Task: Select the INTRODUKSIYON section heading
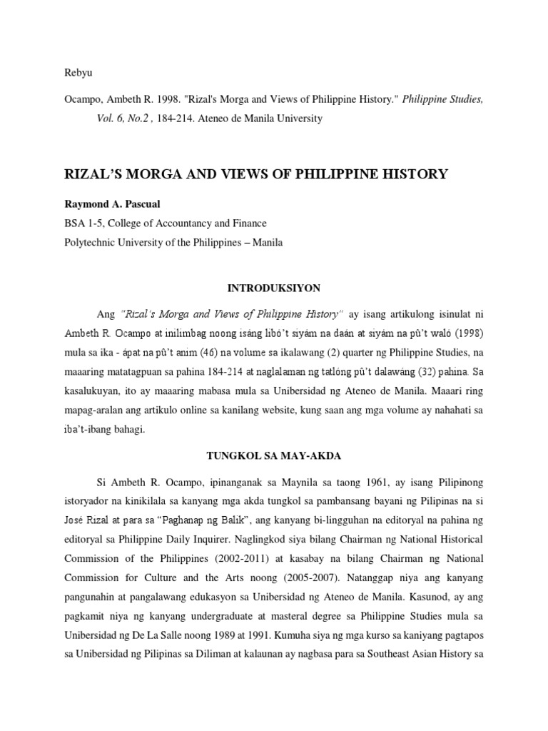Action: pyautogui.click(x=274, y=288)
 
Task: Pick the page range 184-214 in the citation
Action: pyautogui.click(x=178, y=119)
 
